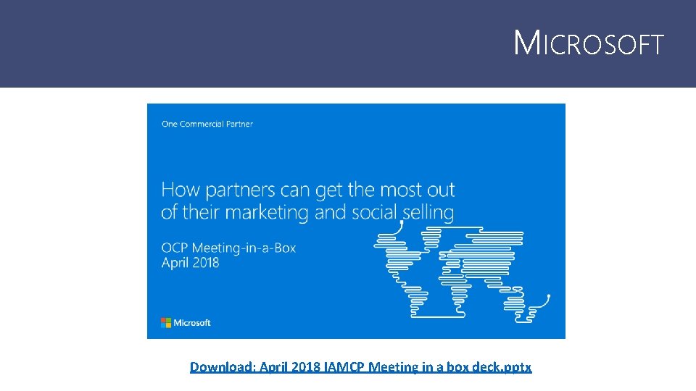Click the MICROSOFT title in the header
(x=588, y=44)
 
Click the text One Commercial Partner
(x=207, y=124)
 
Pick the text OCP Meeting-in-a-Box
(x=228, y=248)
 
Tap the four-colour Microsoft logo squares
(x=166, y=322)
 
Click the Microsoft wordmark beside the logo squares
(x=192, y=322)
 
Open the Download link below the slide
(x=360, y=367)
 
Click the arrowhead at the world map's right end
(x=548, y=295)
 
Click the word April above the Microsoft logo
(x=174, y=263)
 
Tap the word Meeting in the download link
(x=394, y=367)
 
